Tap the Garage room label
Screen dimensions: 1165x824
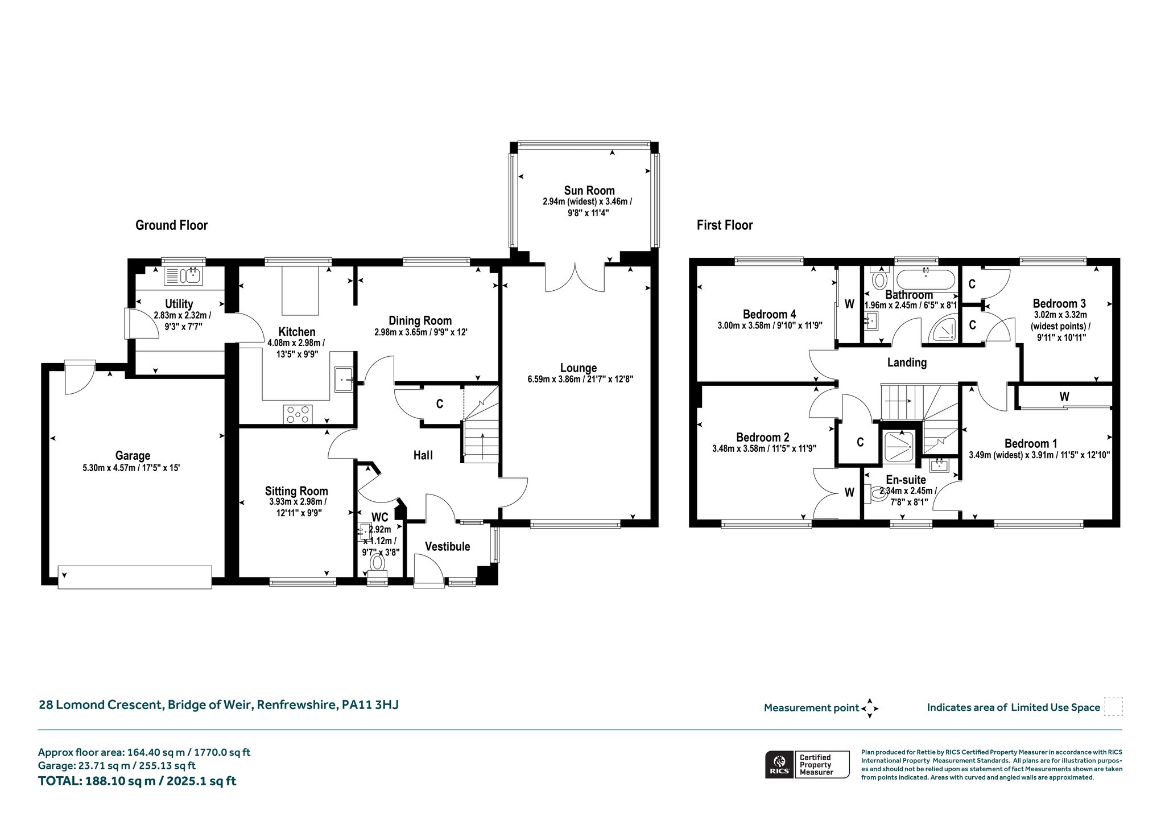coord(133,456)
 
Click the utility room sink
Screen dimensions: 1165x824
coord(183,276)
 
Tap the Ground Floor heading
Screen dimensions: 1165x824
coord(171,225)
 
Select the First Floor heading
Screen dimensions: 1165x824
coord(725,225)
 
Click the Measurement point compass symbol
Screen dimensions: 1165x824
coord(870,708)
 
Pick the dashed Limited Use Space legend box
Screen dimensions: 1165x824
coord(1113,707)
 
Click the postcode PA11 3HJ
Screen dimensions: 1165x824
coord(370,704)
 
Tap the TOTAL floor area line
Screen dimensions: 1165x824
coord(137,781)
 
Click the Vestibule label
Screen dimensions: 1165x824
coord(448,546)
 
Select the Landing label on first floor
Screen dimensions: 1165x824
coord(907,362)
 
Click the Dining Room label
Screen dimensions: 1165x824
coord(420,321)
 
